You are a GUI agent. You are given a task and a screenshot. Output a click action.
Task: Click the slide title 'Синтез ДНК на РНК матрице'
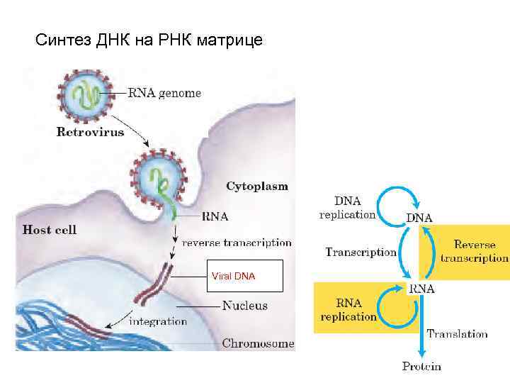[149, 40]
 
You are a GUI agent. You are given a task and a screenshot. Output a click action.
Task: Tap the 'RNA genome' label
[164, 93]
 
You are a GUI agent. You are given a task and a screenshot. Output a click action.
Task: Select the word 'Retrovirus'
[90, 131]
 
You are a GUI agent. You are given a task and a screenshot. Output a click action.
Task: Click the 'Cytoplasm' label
[257, 186]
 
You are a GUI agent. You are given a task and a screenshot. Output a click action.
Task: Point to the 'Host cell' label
[50, 229]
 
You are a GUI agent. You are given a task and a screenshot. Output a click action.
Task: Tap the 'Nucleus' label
[245, 306]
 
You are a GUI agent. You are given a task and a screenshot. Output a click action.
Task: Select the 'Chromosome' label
[258, 343]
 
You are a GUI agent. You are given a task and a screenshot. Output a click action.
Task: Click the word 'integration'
[157, 321]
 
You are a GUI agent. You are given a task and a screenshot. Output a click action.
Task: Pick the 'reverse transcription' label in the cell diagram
[237, 242]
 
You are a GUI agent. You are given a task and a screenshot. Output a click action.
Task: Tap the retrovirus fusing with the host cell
[157, 177]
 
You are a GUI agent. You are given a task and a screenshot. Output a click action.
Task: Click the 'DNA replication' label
[347, 207]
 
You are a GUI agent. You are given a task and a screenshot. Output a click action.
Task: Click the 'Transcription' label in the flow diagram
[361, 252]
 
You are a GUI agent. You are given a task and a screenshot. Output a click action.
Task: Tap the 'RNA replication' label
[348, 310]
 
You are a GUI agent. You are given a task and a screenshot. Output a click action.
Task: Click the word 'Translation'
[457, 333]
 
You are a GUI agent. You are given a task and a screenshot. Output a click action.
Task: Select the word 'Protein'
[421, 366]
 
